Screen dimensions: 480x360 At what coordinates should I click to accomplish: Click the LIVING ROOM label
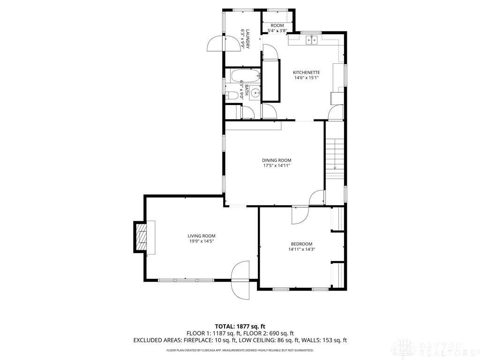(202, 236)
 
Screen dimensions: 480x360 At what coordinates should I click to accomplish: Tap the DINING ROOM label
(277, 160)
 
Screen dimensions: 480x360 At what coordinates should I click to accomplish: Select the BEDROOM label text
(301, 244)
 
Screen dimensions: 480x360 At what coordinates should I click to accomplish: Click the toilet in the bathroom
(232, 96)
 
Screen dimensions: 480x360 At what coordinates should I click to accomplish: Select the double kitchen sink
(312, 40)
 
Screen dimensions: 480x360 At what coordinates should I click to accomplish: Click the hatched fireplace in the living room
(141, 237)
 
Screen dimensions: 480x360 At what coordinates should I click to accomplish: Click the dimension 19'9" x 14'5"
(202, 241)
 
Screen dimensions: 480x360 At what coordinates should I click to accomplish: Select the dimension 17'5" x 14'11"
(277, 165)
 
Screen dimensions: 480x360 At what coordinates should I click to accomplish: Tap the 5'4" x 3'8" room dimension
(277, 30)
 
